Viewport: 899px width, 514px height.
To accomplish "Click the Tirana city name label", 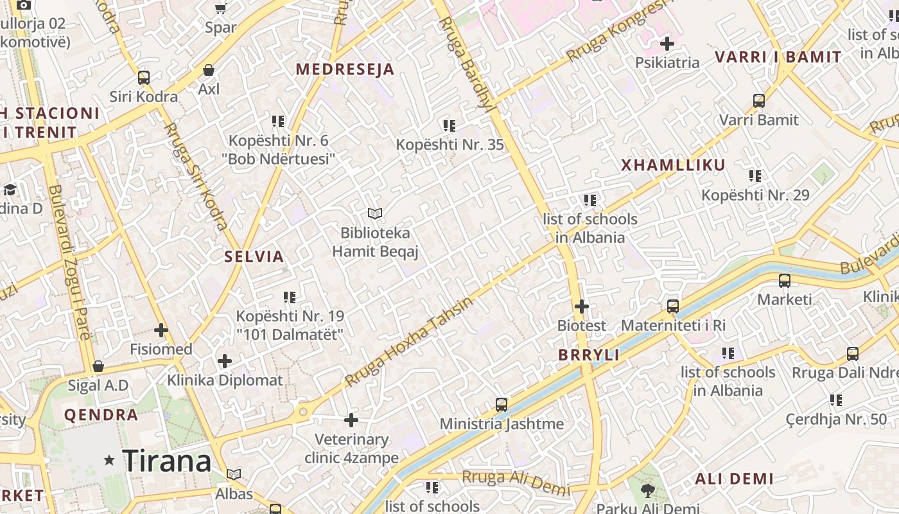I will tap(166, 461).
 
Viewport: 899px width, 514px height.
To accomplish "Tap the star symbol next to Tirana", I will tap(110, 460).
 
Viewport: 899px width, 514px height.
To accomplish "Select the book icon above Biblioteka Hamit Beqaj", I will tap(375, 213).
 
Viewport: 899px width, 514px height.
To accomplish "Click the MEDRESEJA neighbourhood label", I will tap(345, 69).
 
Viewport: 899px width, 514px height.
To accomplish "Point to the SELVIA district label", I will tap(254, 257).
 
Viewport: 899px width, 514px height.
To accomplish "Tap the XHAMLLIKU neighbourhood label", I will tap(673, 165).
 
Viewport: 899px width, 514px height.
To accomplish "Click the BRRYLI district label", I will tap(589, 355).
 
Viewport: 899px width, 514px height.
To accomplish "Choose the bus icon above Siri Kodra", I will tap(144, 78).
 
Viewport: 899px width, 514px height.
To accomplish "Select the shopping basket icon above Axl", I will tap(209, 70).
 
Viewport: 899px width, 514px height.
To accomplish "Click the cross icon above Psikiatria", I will tap(667, 44).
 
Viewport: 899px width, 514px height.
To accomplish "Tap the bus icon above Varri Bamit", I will tap(759, 101).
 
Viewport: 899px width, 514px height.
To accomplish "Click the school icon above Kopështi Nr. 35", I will tap(449, 126).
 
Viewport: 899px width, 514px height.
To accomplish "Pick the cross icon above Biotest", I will tap(582, 306).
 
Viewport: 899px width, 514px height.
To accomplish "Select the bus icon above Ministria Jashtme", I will tap(502, 405).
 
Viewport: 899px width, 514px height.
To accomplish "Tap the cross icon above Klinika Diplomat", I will tap(225, 361).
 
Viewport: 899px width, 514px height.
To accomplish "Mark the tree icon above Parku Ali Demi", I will tap(648, 491).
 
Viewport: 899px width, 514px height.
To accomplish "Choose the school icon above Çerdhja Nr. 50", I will tap(836, 400).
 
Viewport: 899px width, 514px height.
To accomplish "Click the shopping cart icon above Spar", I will tap(221, 9).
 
